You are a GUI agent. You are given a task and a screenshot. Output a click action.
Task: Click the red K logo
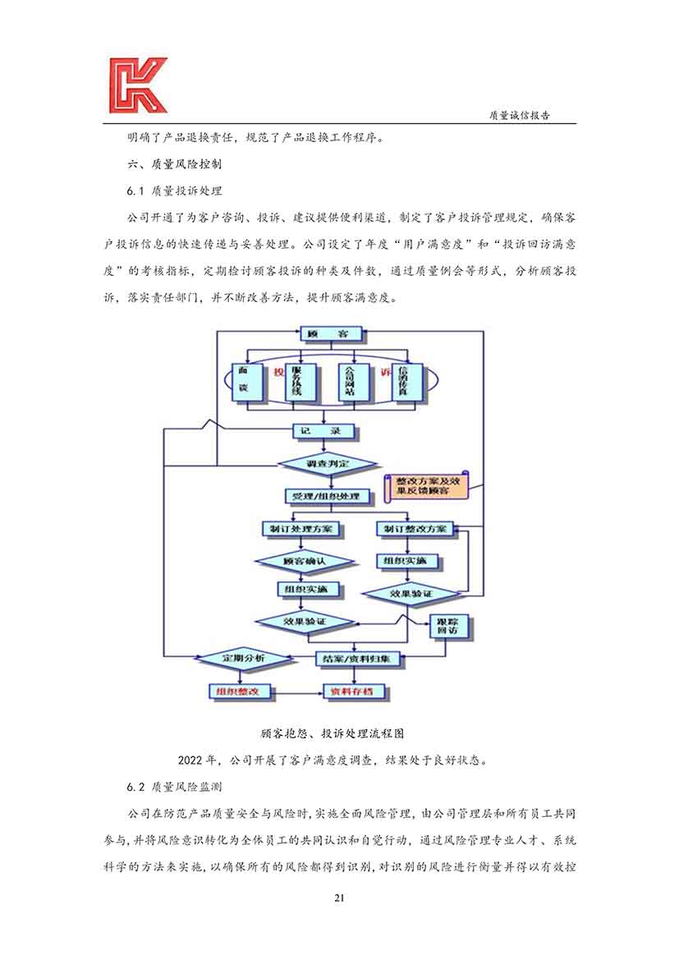137,85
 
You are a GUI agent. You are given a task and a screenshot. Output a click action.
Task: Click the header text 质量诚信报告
519,116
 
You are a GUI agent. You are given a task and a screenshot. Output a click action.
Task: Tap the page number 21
339,897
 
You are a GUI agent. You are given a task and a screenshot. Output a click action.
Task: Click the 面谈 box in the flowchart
244,383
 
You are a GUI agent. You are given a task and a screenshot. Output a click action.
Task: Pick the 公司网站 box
351,383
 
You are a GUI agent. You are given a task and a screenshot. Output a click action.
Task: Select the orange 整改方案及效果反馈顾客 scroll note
423,485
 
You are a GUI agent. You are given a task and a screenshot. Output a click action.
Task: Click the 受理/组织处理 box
327,497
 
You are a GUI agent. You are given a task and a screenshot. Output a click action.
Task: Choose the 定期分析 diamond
243,659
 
